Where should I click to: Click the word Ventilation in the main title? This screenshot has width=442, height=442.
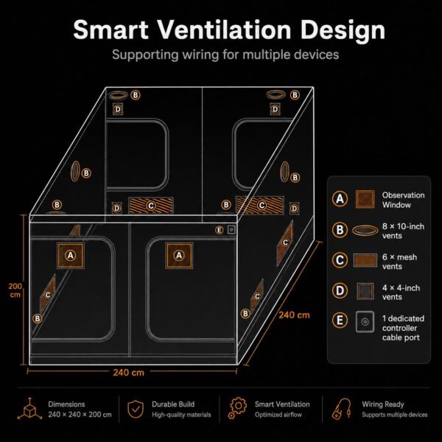tap(224, 29)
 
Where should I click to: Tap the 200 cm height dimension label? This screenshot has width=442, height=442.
tap(15, 290)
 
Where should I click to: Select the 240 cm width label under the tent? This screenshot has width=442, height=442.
tap(128, 372)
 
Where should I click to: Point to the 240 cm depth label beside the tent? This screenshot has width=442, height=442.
tap(294, 315)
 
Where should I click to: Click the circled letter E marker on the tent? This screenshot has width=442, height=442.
tap(220, 230)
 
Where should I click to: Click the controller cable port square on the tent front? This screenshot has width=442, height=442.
tap(231, 230)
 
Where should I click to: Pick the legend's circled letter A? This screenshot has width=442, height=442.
tap(340, 199)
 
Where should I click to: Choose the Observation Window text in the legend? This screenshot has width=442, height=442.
tap(403, 200)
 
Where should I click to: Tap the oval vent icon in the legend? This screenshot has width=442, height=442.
tap(365, 231)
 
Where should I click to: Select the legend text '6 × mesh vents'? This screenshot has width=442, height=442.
tap(399, 262)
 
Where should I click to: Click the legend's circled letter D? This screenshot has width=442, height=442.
tap(340, 291)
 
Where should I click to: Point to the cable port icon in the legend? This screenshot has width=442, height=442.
tap(365, 322)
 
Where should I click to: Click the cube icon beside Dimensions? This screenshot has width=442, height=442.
tap(30, 409)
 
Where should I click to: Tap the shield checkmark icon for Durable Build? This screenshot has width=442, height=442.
tap(136, 409)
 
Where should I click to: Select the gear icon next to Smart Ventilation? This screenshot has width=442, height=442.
tap(237, 407)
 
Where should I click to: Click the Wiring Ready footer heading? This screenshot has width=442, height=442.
tap(383, 404)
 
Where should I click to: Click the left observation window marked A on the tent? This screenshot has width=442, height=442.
tap(71, 256)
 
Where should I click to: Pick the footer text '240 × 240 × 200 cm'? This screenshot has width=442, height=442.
tap(80, 415)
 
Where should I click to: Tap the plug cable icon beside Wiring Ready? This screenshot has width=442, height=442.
tap(341, 409)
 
